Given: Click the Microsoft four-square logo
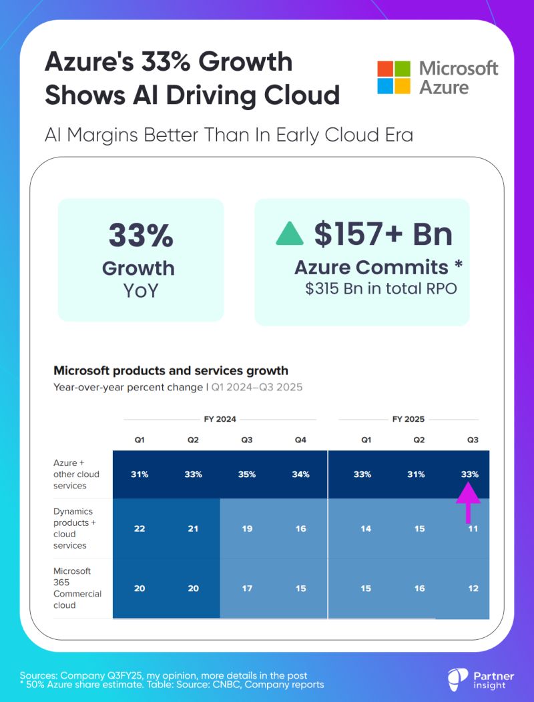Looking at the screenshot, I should click(394, 77).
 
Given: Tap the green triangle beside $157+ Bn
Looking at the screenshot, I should click(290, 233).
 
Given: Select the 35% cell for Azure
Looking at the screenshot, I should click(246, 474).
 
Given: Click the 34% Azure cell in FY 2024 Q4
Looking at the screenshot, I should click(300, 474).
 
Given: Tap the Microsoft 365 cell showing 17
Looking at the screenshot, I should click(246, 589).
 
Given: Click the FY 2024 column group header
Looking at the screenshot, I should click(220, 419).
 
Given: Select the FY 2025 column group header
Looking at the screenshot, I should click(408, 419).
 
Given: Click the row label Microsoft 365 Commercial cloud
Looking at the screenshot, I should click(77, 588).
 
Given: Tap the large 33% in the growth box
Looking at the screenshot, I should click(141, 236).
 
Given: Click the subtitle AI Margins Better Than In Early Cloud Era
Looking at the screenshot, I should click(229, 135).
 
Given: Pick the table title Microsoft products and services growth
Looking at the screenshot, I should click(171, 370).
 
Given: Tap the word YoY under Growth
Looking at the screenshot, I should click(141, 291).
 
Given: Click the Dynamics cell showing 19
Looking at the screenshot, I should click(246, 529).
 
